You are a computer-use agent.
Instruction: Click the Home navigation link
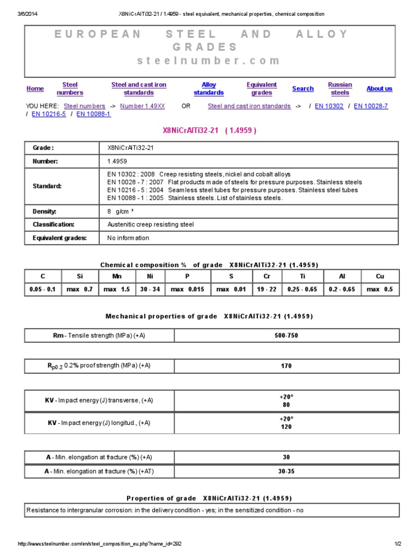[35, 89]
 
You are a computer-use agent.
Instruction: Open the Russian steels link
[340, 89]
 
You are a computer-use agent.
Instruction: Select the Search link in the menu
[303, 89]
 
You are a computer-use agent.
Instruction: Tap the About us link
[379, 89]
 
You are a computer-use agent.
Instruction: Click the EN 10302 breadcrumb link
[329, 106]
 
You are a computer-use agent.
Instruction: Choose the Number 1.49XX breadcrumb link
[142, 106]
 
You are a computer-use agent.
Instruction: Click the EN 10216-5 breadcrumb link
[49, 114]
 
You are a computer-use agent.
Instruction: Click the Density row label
[45, 211]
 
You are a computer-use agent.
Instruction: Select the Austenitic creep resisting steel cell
[150, 225]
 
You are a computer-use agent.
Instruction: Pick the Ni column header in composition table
[149, 276]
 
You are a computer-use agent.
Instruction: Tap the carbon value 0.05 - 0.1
[43, 289]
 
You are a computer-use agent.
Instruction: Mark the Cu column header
[380, 276]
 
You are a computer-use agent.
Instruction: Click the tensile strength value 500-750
[286, 336]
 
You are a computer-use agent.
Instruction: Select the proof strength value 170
[286, 366]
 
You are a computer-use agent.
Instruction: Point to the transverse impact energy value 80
[286, 405]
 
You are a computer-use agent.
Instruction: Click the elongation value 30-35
[286, 471]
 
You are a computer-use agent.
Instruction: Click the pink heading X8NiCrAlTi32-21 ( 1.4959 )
[210, 131]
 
